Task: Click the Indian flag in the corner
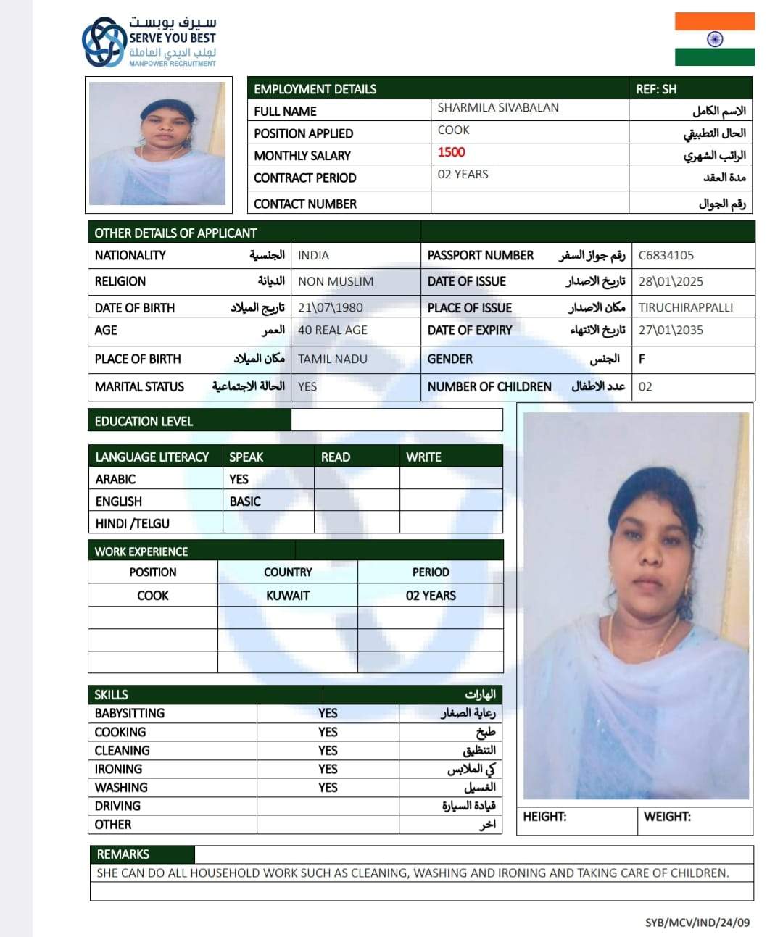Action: [714, 39]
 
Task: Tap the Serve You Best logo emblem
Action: [104, 42]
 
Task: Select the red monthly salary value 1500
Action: [451, 152]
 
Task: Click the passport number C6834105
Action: [666, 255]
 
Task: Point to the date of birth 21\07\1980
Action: [330, 307]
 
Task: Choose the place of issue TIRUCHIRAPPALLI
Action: [685, 307]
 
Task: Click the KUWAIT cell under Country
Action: [288, 596]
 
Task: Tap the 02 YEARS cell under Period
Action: [431, 596]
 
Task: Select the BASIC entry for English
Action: [245, 501]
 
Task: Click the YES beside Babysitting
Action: [328, 713]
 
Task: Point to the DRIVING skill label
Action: [117, 806]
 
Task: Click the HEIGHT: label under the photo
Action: [544, 817]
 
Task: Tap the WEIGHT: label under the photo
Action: [667, 817]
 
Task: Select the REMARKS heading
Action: [123, 854]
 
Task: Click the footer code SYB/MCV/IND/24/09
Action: [697, 923]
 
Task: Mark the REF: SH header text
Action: [656, 89]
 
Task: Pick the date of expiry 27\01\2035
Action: [671, 330]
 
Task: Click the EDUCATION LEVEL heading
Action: [144, 421]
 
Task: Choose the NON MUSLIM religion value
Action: [336, 281]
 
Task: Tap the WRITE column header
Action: [423, 457]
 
